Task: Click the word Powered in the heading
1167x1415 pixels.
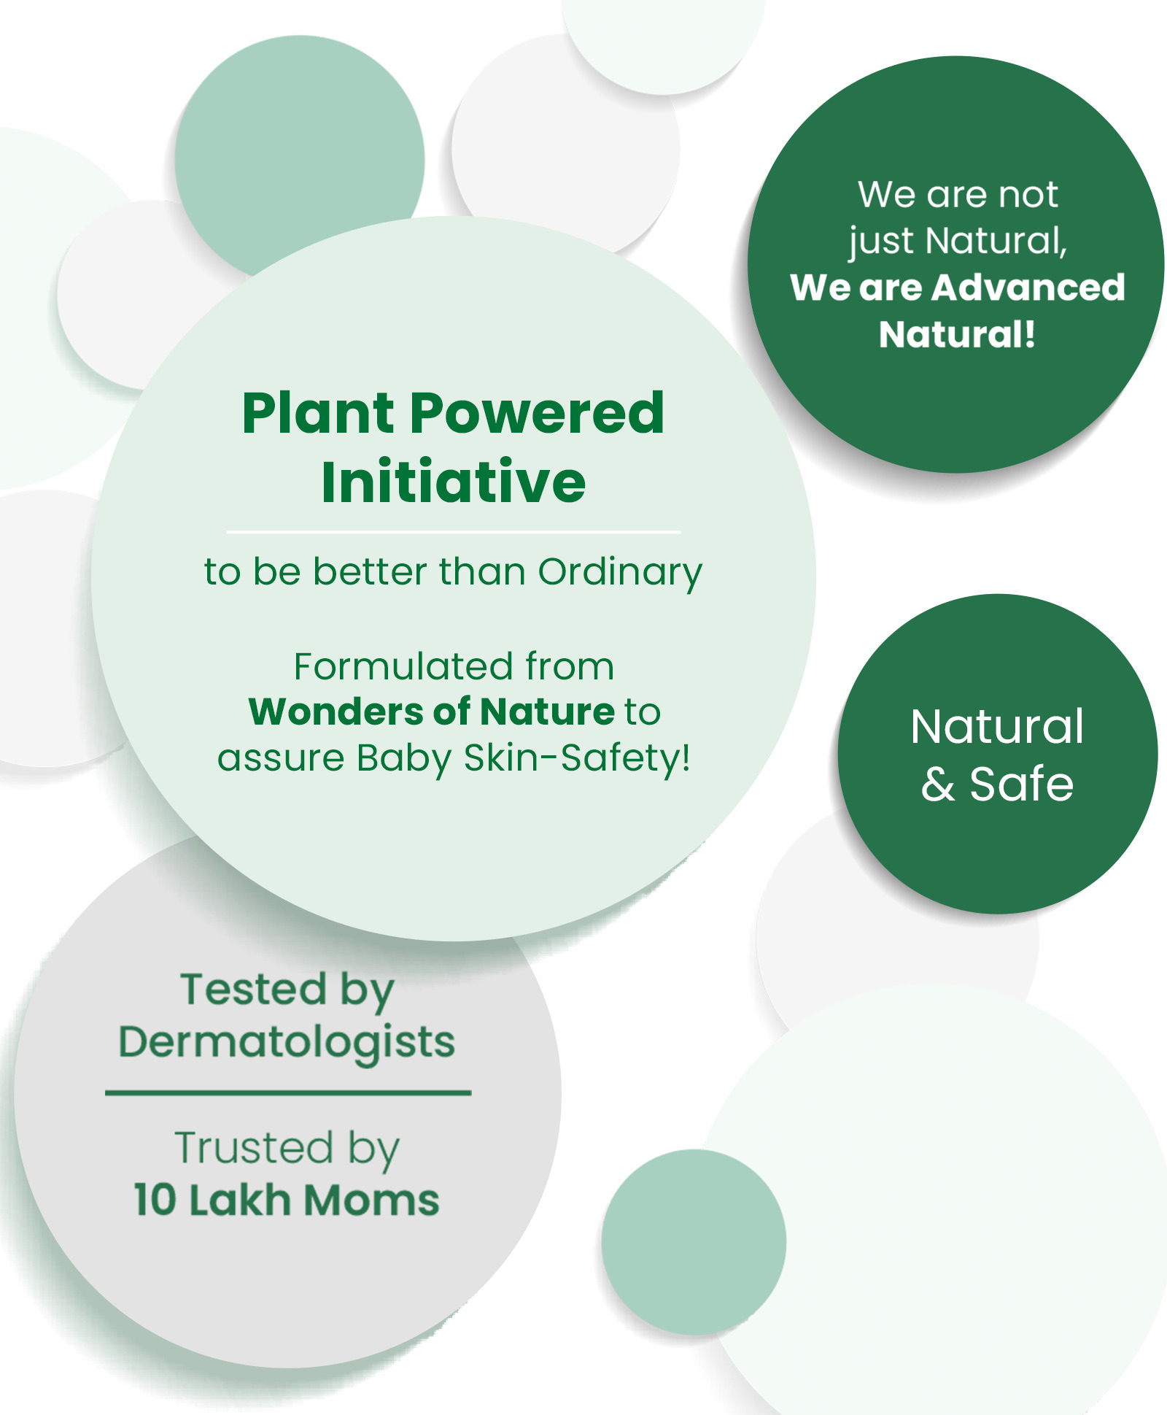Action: coord(538,413)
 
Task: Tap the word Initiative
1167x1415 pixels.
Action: coord(453,482)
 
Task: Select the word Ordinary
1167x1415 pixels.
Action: coord(620,573)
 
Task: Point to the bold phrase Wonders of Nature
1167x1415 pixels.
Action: coord(432,712)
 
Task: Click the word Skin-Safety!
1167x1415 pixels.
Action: coord(577,758)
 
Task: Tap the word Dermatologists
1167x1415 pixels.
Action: coord(287,1043)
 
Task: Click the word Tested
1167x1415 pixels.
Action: coord(253,990)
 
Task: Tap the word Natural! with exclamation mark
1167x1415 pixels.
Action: coord(957,334)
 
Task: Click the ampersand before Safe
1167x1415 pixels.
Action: coord(938,785)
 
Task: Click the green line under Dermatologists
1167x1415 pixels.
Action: coord(288,1092)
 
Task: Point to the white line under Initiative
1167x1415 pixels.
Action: coord(453,532)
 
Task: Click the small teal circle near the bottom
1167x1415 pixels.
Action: coord(694,1242)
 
